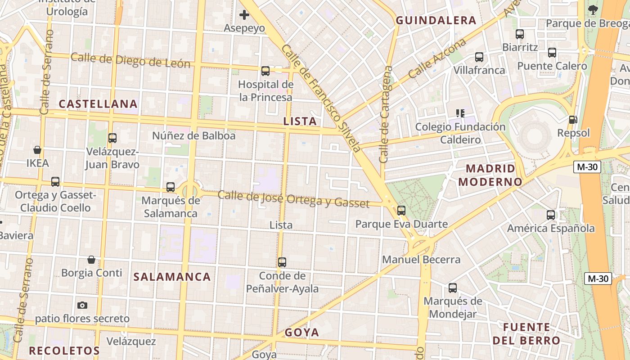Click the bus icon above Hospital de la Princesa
[x=265, y=71]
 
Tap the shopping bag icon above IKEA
[x=37, y=150]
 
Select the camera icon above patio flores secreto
[x=82, y=306]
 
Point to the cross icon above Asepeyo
[x=244, y=15]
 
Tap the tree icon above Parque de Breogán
[x=593, y=9]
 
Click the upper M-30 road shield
[x=588, y=167]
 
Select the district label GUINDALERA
[x=436, y=20]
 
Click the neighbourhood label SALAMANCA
[x=172, y=277]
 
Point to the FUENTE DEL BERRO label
[x=526, y=333]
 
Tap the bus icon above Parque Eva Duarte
[x=401, y=210]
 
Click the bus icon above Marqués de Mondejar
[x=453, y=288]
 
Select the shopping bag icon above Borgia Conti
[x=91, y=260]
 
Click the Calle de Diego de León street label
[x=130, y=60]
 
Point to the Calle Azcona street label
[x=437, y=58]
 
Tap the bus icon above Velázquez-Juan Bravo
[x=112, y=138]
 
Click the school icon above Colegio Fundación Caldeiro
[x=460, y=113]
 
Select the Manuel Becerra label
[x=421, y=260]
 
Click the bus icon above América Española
[x=551, y=215]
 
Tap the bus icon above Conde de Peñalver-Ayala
[x=282, y=262]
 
